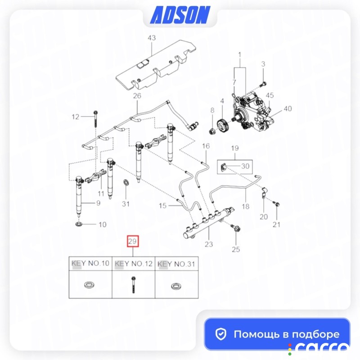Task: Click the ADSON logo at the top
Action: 180,15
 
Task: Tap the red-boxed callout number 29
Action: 133,241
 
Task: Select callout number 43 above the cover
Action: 152,38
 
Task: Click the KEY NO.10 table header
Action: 90,263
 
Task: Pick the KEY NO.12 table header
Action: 133,264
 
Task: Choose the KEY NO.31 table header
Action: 176,264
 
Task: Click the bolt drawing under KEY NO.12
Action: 133,285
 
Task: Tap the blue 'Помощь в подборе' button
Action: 277,334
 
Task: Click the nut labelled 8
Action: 211,132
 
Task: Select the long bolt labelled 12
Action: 96,119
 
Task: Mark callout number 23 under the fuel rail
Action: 209,244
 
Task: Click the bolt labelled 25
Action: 237,229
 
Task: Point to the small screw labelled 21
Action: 276,203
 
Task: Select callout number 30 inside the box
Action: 245,166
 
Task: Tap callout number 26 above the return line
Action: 137,96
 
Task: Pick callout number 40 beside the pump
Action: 288,108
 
